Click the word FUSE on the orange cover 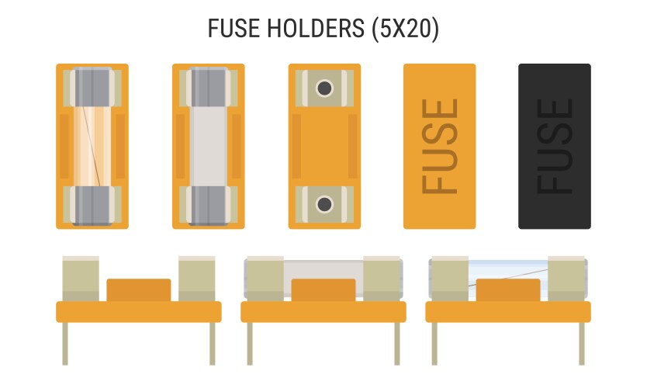click(439, 146)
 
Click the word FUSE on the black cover click(555, 146)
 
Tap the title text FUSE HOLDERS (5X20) click(323, 29)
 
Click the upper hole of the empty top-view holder click(324, 88)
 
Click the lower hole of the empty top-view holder click(324, 204)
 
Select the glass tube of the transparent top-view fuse click(92, 146)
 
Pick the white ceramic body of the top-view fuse click(208, 146)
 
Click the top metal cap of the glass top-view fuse click(92, 86)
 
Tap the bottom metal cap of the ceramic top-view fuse click(208, 206)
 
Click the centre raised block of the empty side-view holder click(138, 290)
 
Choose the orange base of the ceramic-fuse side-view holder click(323, 312)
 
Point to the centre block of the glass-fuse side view click(507, 290)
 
